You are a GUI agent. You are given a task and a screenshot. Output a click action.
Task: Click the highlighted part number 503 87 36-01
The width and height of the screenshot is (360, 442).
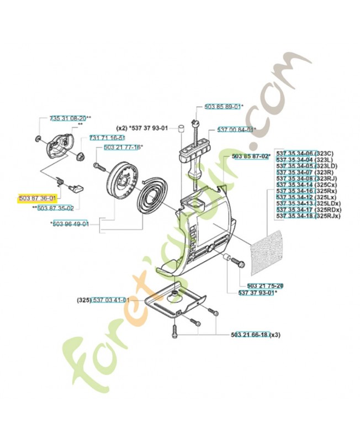coord(37,198)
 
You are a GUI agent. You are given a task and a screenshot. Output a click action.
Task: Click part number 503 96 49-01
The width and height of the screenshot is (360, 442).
coord(71,224)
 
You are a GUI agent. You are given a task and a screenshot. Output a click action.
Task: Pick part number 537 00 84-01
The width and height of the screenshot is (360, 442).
coord(236,130)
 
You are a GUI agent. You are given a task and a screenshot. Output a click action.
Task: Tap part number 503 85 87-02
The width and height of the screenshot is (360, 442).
coord(250,157)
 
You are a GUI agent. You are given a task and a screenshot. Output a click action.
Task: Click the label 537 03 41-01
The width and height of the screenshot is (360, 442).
coord(110,300)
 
